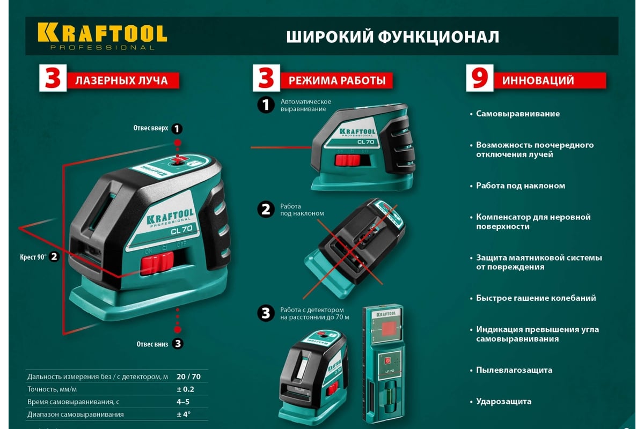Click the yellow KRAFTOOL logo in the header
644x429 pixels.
click(102, 36)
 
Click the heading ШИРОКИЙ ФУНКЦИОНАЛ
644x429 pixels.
click(392, 37)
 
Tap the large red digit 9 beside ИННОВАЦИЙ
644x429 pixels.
click(480, 78)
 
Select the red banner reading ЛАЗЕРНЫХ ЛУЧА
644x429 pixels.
click(123, 80)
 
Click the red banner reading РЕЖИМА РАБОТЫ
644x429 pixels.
click(336, 80)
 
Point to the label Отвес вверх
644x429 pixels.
click(151, 128)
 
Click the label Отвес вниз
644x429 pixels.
click(152, 344)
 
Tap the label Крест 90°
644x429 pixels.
click(33, 256)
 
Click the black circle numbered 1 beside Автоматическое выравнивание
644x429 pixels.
click(266, 105)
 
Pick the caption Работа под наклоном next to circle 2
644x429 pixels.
click(302, 210)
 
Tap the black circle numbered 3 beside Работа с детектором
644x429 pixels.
click(266, 313)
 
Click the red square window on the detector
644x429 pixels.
click(389, 328)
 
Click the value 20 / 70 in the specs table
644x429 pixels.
click(188, 376)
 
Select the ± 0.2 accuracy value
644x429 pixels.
click(186, 389)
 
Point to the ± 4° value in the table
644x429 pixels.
click(184, 415)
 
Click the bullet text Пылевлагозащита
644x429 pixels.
click(514, 370)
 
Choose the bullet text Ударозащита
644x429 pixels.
click(504, 402)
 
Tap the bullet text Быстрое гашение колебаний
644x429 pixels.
click(536, 298)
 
